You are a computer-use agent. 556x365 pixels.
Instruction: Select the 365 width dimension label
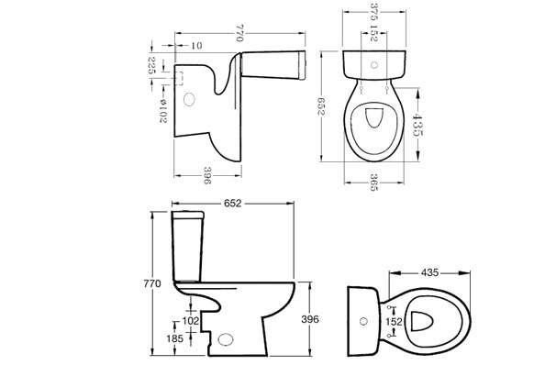point(373,182)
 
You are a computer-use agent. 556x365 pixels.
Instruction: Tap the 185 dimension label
point(175,338)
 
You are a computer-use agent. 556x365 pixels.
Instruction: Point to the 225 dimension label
point(151,65)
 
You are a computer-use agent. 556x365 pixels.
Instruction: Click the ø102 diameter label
point(162,111)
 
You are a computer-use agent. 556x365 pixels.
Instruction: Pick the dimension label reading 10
point(196,46)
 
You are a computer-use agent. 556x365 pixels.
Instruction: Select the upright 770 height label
point(152,283)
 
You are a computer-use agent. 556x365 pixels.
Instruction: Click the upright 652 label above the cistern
point(233,203)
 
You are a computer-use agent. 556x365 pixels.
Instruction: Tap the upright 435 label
point(430,272)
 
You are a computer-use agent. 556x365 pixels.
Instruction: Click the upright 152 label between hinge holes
point(395,321)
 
